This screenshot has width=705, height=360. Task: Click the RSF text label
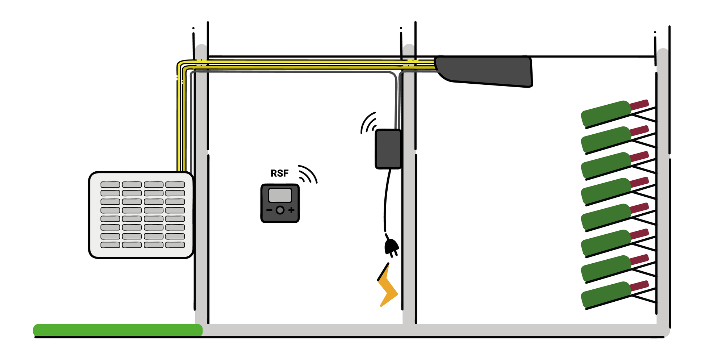(279, 173)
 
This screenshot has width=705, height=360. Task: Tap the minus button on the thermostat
(269, 210)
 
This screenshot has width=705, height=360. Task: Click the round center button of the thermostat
(280, 210)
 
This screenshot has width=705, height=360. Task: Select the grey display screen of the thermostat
(280, 196)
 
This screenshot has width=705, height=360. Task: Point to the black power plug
(391, 246)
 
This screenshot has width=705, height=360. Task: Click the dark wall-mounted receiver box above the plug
(388, 149)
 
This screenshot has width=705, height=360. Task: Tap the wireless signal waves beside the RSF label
(308, 174)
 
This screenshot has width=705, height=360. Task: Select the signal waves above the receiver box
(368, 123)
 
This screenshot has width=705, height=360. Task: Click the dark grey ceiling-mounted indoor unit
(484, 71)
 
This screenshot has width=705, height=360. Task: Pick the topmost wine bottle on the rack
(614, 113)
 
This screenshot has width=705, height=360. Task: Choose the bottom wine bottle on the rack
(614, 294)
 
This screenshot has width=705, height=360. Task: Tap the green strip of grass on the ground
(118, 330)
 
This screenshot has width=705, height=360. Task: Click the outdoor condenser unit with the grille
(141, 215)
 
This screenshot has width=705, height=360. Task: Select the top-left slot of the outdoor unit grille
(110, 185)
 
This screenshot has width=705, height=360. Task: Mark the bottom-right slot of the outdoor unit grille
(175, 245)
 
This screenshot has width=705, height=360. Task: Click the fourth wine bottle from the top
(614, 191)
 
